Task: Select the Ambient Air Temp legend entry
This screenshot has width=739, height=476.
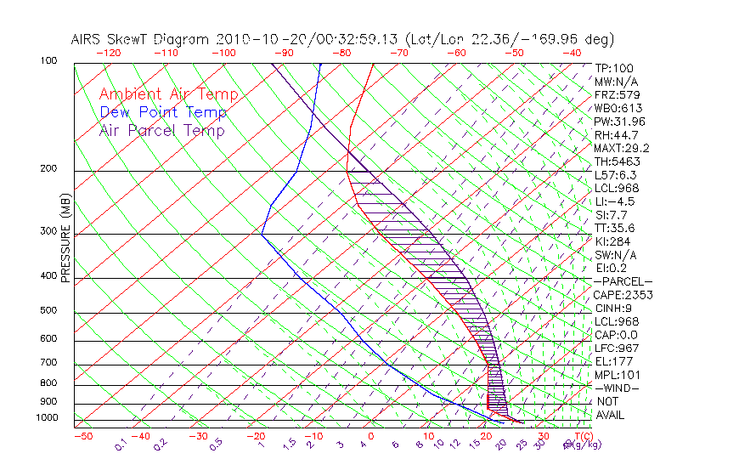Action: click(169, 94)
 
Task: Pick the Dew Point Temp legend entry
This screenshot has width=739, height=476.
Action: click(163, 112)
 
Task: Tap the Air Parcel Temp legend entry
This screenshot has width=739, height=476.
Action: click(162, 130)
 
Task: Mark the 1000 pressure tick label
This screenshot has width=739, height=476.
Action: click(48, 418)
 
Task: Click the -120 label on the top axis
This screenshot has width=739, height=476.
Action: click(108, 53)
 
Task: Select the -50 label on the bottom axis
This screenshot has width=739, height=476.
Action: click(82, 436)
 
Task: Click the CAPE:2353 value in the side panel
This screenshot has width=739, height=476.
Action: click(622, 295)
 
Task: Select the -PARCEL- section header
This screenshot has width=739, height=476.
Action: click(623, 281)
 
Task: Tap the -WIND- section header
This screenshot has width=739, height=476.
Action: click(617, 388)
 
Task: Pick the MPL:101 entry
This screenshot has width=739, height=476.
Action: click(617, 375)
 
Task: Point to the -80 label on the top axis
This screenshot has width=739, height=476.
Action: click(342, 53)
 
